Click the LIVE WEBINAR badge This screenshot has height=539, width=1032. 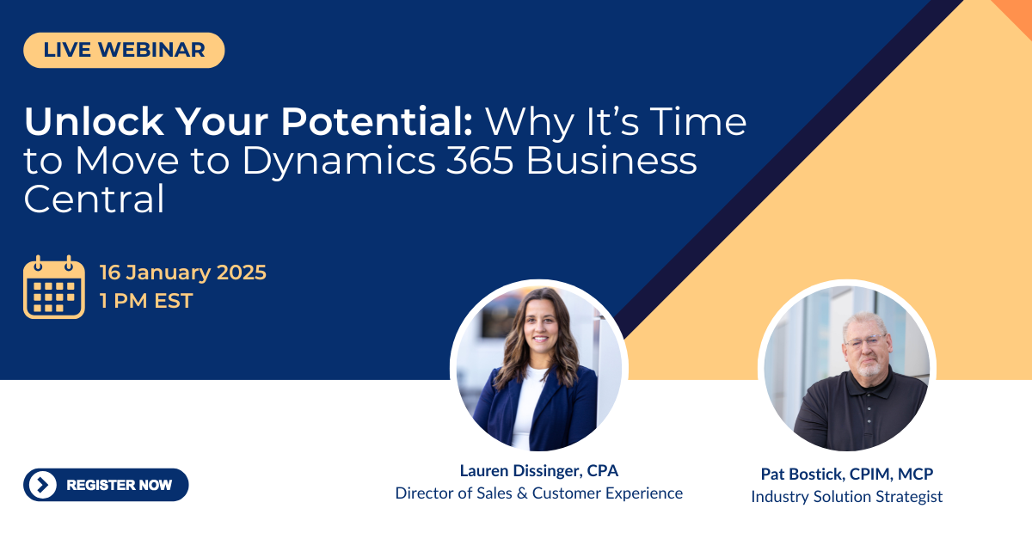(x=124, y=50)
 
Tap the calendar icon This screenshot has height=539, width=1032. (x=54, y=287)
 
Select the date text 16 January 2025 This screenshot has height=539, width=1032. (x=183, y=273)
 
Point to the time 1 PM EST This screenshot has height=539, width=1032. (x=146, y=301)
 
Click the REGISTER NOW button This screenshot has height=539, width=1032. (x=106, y=485)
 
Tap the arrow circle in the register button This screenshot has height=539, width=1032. (x=42, y=485)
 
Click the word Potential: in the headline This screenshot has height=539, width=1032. (x=377, y=122)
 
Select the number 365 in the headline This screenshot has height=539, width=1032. (x=480, y=161)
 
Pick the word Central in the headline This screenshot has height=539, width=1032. (x=94, y=199)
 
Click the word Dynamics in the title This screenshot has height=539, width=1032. (x=339, y=162)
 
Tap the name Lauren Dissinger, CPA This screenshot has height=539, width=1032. (x=539, y=470)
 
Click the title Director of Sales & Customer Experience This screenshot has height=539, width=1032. (x=539, y=493)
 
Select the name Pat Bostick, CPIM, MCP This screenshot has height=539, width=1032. (x=847, y=474)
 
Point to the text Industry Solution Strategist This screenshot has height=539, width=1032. (x=847, y=497)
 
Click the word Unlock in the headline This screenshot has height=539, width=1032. (x=94, y=122)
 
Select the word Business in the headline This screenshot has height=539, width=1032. (x=611, y=161)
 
